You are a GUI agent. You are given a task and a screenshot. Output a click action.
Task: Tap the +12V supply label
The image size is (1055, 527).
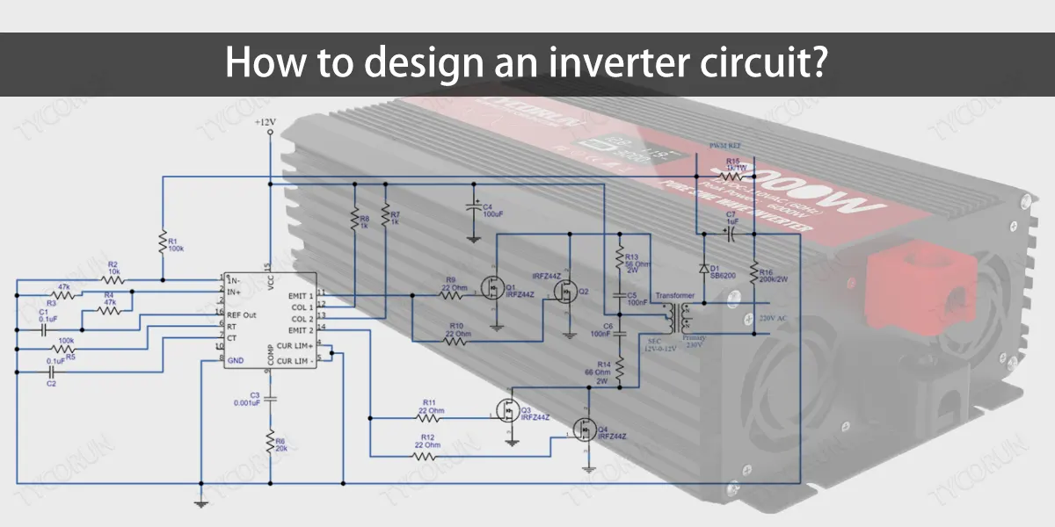click(x=265, y=121)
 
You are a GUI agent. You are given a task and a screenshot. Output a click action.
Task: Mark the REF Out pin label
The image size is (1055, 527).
click(x=242, y=314)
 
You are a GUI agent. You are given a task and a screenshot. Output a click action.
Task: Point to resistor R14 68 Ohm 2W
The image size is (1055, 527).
click(x=620, y=371)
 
